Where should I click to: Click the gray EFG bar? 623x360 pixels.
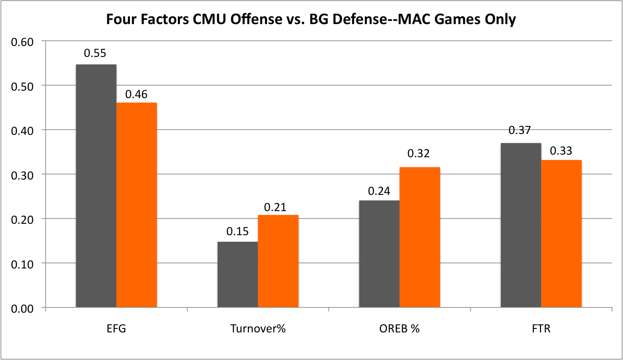[96, 186]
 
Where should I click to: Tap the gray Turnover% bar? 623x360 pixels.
[237, 275]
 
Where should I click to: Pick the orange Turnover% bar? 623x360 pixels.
[278, 261]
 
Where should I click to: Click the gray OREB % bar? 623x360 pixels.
[379, 254]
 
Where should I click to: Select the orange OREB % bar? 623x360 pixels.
[419, 237]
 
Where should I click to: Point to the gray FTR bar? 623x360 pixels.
[521, 226]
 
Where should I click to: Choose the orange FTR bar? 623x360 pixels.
[561, 234]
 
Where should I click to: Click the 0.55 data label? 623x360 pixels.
[95, 53]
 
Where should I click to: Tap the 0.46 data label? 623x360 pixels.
[136, 94]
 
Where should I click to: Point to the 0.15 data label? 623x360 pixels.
[237, 232]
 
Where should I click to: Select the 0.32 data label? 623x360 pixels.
[419, 154]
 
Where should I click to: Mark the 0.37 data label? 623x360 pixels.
[520, 130]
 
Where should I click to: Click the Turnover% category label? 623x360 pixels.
[257, 329]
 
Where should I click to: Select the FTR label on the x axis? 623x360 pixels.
[541, 329]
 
